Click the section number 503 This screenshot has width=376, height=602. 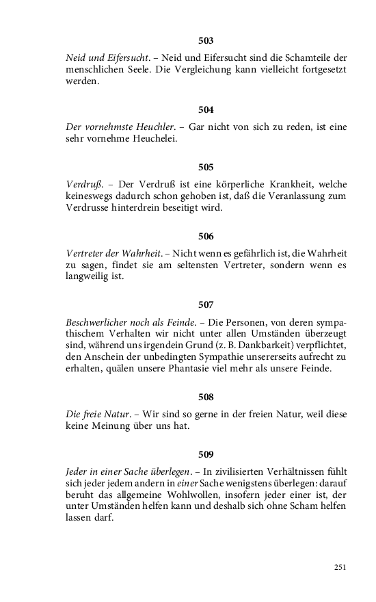pyautogui.click(x=206, y=40)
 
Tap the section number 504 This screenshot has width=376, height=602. pyautogui.click(x=206, y=109)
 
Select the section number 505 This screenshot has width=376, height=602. pyautogui.click(x=206, y=167)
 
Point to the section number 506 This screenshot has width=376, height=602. pyautogui.click(x=206, y=236)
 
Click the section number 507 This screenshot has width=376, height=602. pyautogui.click(x=206, y=304)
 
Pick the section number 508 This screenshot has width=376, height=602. pyautogui.click(x=206, y=397)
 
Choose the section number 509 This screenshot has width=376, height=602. pyautogui.click(x=206, y=454)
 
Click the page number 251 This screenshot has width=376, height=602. pyautogui.click(x=340, y=567)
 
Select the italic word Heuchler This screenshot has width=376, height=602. pyautogui.click(x=155, y=127)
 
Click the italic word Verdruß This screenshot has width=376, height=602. pyautogui.click(x=79, y=184)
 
